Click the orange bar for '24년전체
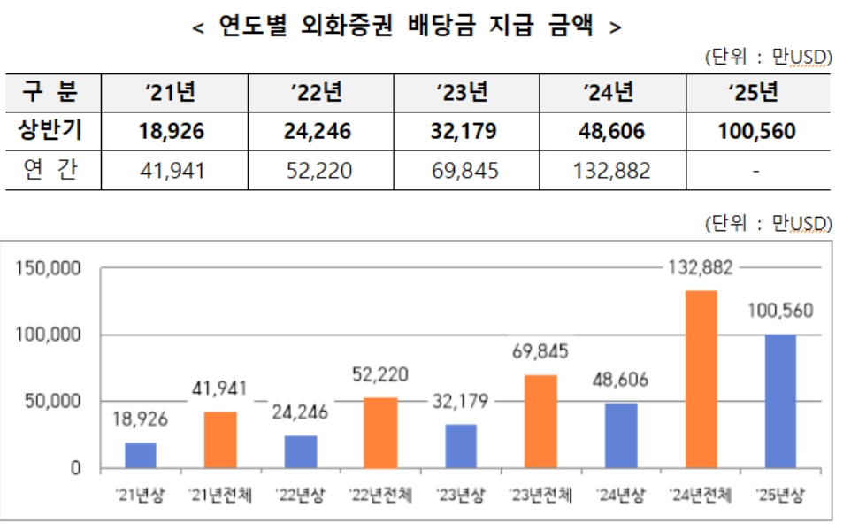[x=701, y=379]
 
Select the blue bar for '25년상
[x=780, y=401]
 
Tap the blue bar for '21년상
[x=141, y=455]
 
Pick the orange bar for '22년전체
[x=380, y=433]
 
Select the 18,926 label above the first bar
[x=141, y=418]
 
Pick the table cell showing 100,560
[x=756, y=133]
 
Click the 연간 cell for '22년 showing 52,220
[x=320, y=170]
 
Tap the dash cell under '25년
[x=756, y=170]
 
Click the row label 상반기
[x=51, y=133]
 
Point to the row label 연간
[x=51, y=170]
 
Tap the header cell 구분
[x=51, y=92]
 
